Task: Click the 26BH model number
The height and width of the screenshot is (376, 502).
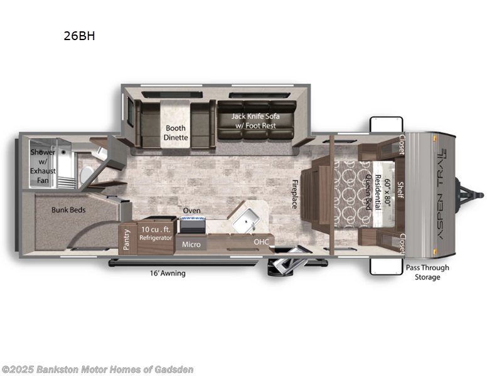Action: click(78, 36)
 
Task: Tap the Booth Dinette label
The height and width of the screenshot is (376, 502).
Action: click(176, 133)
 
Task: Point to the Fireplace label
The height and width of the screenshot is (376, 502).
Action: click(293, 194)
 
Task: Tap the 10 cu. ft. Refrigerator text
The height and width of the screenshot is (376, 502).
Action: click(155, 234)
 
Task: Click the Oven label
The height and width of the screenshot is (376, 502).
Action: click(191, 211)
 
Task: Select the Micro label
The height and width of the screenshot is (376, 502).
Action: click(191, 244)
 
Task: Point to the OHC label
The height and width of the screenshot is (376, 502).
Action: click(261, 241)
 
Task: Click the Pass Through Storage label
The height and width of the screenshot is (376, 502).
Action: click(427, 272)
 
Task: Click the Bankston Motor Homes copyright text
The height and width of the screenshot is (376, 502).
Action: click(97, 369)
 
